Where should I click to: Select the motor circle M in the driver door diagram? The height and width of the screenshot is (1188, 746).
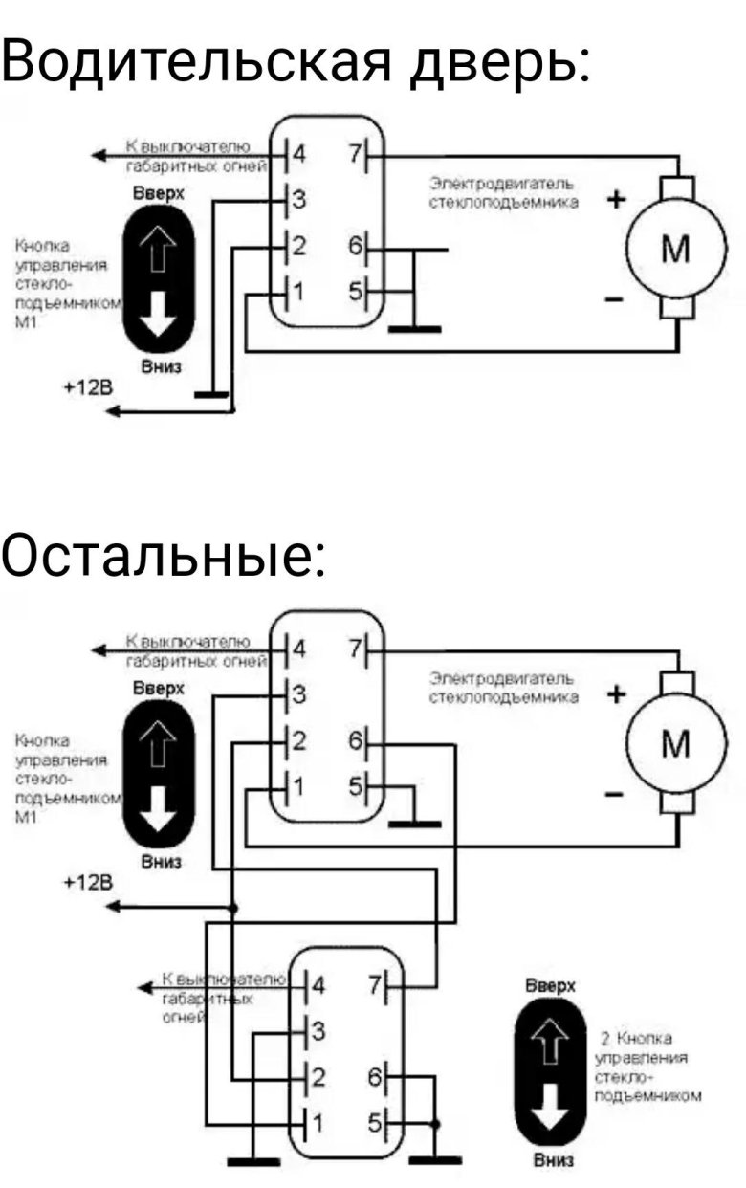pyautogui.click(x=675, y=251)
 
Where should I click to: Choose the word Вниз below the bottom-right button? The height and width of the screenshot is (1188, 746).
pyautogui.click(x=552, y=1160)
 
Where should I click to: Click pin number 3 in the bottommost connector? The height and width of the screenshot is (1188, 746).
pyautogui.click(x=319, y=1031)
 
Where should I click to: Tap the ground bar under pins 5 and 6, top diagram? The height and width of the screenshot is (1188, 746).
pyautogui.click(x=415, y=329)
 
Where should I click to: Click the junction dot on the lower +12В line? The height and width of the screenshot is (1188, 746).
pyautogui.click(x=232, y=906)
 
